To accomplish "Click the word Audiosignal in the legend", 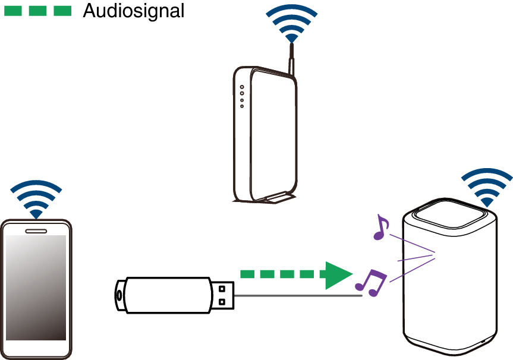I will [133, 10].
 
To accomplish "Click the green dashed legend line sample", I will [37, 11].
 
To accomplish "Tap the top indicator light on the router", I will [242, 86].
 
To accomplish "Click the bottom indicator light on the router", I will [242, 106].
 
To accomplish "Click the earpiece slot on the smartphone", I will [36, 229].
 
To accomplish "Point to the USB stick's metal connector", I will [223, 295].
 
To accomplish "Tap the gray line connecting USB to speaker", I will [297, 295].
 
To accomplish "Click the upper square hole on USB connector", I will [222, 289].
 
